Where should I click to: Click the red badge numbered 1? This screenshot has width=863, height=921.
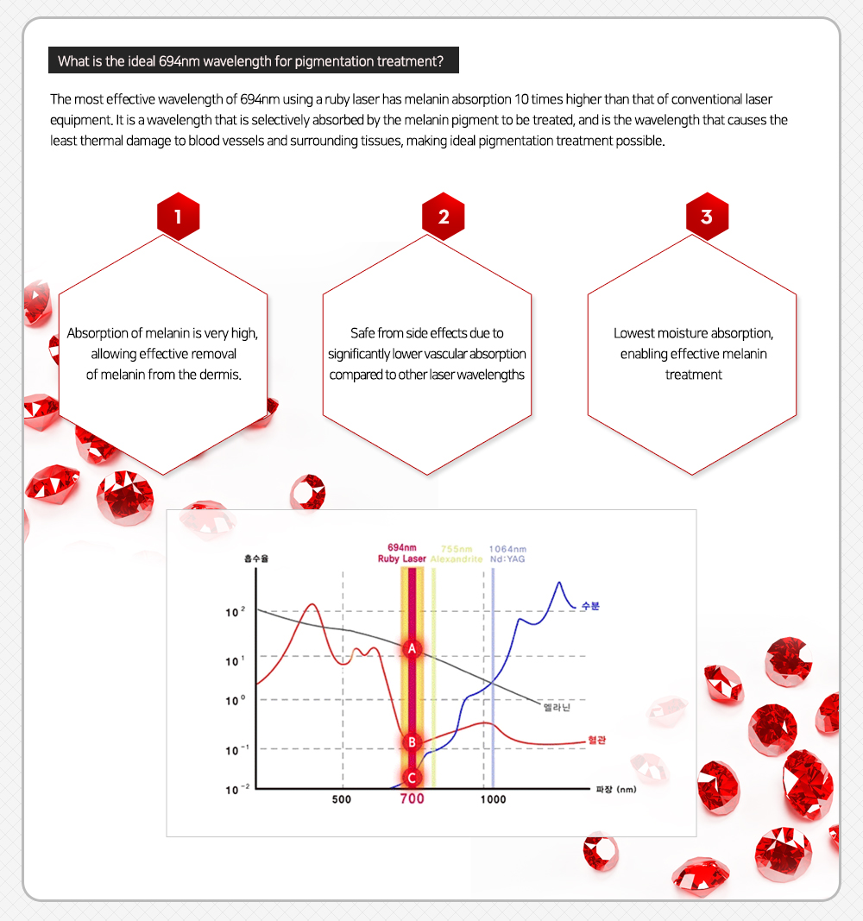pyautogui.click(x=178, y=217)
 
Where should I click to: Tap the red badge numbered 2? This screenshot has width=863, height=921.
pyautogui.click(x=443, y=217)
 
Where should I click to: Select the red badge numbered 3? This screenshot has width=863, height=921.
pyautogui.click(x=707, y=217)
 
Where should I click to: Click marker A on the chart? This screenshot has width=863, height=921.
pyautogui.click(x=413, y=647)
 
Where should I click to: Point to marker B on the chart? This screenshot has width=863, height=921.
pyautogui.click(x=413, y=741)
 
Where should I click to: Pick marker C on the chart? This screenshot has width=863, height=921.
pyautogui.click(x=413, y=777)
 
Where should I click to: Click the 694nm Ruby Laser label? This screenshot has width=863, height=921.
pyautogui.click(x=401, y=553)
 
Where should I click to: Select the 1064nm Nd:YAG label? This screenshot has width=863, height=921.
pyautogui.click(x=507, y=553)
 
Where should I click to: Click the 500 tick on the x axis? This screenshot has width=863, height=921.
pyautogui.click(x=342, y=799)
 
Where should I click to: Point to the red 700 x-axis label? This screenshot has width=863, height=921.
pyautogui.click(x=412, y=799)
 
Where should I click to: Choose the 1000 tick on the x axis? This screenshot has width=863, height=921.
pyautogui.click(x=493, y=799)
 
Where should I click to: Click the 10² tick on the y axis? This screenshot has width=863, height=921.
pyautogui.click(x=235, y=613)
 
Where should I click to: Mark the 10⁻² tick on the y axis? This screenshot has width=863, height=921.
pyautogui.click(x=235, y=789)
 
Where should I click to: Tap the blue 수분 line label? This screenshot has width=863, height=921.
pyautogui.click(x=590, y=606)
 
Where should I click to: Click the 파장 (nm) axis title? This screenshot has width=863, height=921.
pyautogui.click(x=615, y=789)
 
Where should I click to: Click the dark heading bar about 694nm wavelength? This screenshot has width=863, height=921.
pyautogui.click(x=254, y=61)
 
